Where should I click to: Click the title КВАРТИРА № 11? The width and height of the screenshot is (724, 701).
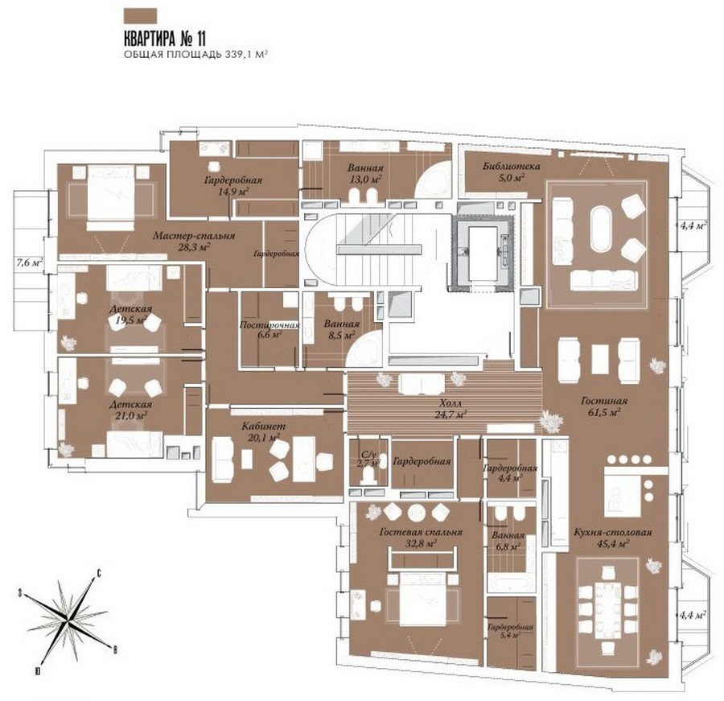pyautogui.click(x=165, y=38)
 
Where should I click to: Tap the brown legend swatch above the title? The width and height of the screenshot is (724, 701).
pyautogui.click(x=140, y=16)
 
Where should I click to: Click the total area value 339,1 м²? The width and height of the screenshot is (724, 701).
pyautogui.click(x=247, y=54)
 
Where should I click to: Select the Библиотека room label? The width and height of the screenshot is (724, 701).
pyautogui.click(x=511, y=166)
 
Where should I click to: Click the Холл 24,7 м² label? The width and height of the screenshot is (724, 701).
pyautogui.click(x=450, y=409)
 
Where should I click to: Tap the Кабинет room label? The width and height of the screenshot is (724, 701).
pyautogui.click(x=264, y=426)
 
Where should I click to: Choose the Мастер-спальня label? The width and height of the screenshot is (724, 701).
pyautogui.click(x=194, y=236)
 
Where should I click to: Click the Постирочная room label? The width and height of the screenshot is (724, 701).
pyautogui.click(x=269, y=325)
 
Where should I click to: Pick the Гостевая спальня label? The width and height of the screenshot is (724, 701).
pyautogui.click(x=421, y=532)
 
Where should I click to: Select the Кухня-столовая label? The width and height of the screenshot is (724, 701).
pyautogui.click(x=613, y=532)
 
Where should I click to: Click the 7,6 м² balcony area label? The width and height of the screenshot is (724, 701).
pyautogui.click(x=30, y=263)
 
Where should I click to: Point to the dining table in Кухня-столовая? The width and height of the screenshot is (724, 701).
pyautogui.click(x=608, y=610)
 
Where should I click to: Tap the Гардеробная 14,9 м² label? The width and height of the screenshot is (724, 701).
pyautogui.click(x=233, y=185)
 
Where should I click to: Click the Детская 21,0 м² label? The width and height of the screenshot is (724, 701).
pyautogui.click(x=130, y=410)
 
